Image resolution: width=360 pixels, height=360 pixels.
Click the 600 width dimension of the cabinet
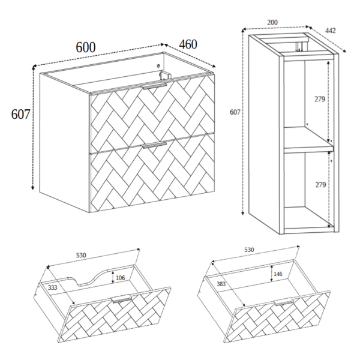point(86,47)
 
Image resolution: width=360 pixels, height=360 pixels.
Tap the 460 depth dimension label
point(188,44)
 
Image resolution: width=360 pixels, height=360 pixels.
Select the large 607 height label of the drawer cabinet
point(20,114)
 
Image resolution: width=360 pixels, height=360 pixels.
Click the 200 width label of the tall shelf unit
point(272,22)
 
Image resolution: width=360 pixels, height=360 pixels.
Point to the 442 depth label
point(331,31)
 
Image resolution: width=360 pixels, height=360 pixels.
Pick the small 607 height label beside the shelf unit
point(235,112)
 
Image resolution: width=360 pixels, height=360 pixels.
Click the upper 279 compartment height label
point(320,99)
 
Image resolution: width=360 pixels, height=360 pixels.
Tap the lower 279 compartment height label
point(320,185)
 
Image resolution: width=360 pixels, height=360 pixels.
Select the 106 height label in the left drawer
point(120,278)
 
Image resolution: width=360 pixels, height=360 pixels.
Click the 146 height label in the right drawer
point(278,274)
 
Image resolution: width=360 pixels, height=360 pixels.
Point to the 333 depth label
point(52,287)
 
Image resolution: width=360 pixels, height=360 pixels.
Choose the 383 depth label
point(221,284)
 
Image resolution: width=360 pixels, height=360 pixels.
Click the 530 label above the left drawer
point(81,256)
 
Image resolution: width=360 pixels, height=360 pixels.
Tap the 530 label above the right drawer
point(249,250)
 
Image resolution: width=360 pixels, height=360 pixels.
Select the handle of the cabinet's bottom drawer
point(154,145)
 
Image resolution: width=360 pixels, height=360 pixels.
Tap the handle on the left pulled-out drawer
point(121,299)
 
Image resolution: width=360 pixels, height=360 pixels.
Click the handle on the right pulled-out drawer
point(284,302)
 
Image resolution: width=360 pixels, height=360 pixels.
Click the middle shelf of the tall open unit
point(308,140)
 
